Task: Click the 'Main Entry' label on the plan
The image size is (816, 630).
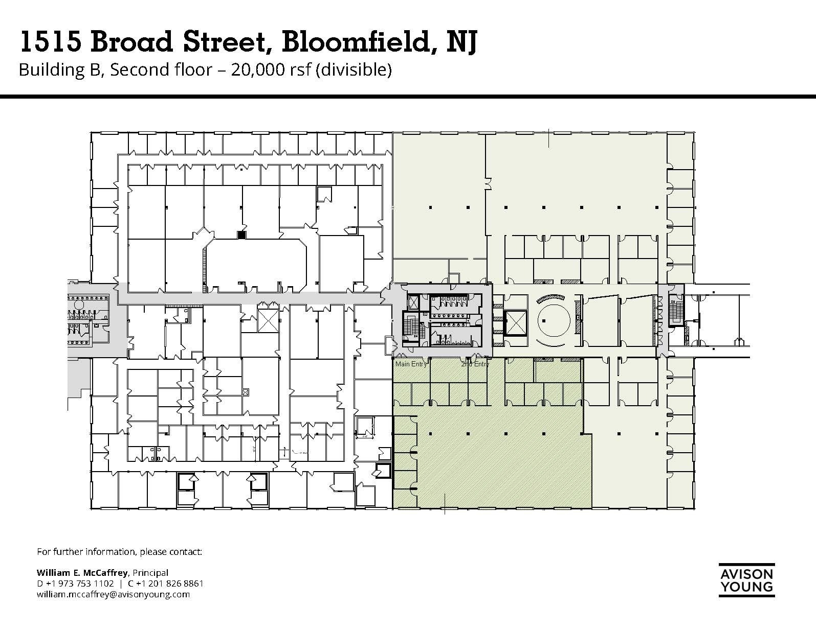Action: (x=411, y=364)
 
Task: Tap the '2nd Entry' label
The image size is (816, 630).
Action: (x=475, y=364)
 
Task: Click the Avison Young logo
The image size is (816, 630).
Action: (x=746, y=579)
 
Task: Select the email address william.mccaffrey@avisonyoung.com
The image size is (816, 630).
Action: (x=113, y=594)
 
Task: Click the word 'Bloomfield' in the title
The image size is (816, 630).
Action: (x=354, y=42)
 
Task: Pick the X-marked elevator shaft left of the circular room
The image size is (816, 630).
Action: (x=516, y=322)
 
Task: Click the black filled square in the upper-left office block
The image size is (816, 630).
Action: (x=241, y=235)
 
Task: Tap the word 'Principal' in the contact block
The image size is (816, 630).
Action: (x=150, y=573)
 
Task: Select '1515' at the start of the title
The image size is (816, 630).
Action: (x=50, y=42)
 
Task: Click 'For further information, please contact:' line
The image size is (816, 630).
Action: (x=120, y=552)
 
